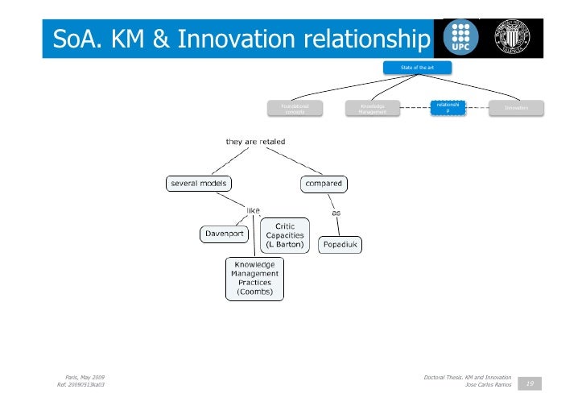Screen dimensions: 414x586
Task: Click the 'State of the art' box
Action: [417, 68]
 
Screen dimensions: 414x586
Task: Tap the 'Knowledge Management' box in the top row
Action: [373, 109]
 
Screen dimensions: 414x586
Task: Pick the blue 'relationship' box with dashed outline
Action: [448, 107]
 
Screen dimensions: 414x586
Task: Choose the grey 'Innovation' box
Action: [516, 108]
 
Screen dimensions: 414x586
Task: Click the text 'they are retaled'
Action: [255, 142]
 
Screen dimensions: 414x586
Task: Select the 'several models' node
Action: [197, 184]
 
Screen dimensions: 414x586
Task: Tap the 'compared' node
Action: [324, 184]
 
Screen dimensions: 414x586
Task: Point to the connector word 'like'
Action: [253, 210]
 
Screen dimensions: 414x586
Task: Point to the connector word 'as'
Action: [336, 213]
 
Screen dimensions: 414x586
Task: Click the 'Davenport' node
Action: [224, 234]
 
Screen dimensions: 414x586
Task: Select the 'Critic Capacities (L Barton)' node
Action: [284, 235]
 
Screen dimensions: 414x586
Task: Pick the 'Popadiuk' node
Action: [342, 243]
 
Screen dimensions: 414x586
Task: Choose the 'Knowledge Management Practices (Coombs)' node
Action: [254, 278]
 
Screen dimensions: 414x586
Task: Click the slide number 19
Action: [529, 383]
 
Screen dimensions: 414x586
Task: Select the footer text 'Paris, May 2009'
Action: [84, 377]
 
